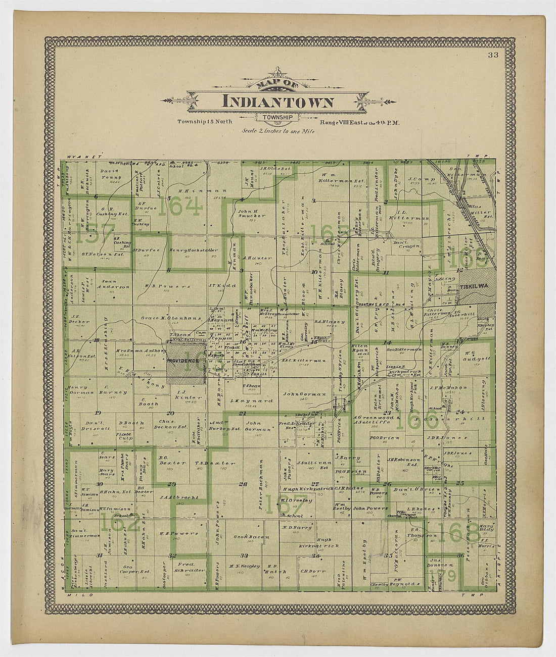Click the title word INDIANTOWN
click(277, 102)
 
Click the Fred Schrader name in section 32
click(192, 567)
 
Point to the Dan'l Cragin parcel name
click(406, 245)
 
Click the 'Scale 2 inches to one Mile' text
click(278, 131)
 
